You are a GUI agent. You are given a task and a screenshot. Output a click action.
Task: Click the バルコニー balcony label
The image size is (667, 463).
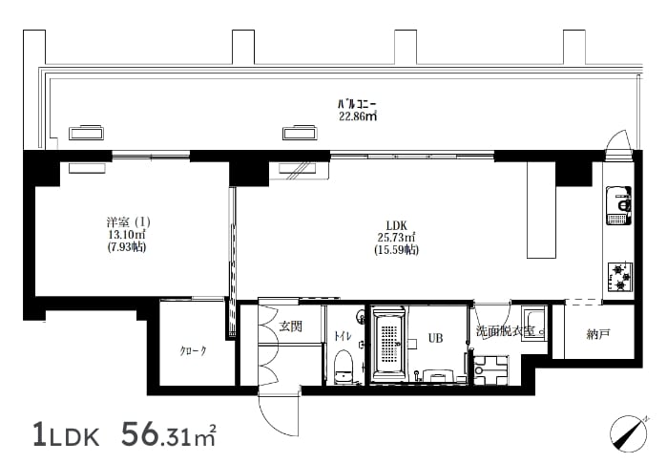click(x=357, y=104)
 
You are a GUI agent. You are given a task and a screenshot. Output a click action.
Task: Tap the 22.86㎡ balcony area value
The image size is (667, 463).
click(x=358, y=116)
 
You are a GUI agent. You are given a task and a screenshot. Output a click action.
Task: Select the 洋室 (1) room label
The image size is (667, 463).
click(x=129, y=222)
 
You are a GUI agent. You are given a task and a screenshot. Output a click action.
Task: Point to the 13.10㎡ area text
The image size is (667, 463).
click(x=127, y=235)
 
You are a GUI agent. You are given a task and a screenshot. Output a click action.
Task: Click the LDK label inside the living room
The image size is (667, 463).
click(x=396, y=225)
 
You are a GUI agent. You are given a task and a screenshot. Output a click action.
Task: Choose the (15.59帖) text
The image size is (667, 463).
click(x=396, y=250)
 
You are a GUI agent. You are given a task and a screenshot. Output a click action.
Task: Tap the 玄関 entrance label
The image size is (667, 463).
click(x=290, y=326)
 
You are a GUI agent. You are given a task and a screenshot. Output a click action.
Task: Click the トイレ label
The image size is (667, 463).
click(x=343, y=336)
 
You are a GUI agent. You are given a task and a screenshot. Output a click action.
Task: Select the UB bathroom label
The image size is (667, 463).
click(x=435, y=338)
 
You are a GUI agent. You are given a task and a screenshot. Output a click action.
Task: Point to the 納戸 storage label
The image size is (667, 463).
click(x=598, y=334)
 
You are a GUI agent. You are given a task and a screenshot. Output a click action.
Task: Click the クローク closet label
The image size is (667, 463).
click(x=193, y=351)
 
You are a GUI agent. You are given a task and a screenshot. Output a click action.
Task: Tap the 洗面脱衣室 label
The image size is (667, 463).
click(x=506, y=330)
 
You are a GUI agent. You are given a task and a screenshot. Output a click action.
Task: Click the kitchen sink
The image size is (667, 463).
click(x=619, y=205)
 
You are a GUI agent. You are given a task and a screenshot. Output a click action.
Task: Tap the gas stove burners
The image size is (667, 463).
click(x=620, y=277)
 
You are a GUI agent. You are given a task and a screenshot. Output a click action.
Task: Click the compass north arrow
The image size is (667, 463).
click(x=628, y=433)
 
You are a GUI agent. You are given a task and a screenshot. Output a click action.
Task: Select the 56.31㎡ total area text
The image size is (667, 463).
click(x=169, y=434)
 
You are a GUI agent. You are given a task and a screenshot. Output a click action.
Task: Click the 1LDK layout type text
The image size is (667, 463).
click(x=67, y=435)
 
